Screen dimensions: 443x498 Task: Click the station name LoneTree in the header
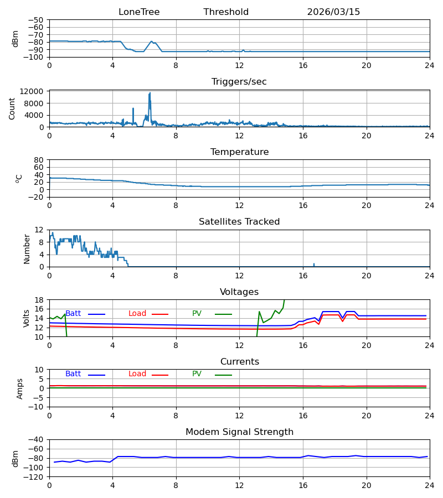coord(139,12)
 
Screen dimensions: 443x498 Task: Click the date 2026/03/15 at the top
coord(333,12)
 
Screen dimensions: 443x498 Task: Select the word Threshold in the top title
coord(226,12)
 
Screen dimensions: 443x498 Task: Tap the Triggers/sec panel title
coord(239,82)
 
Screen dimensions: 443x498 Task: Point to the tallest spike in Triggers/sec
coord(150,93)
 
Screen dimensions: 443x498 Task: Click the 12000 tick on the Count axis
coord(32,91)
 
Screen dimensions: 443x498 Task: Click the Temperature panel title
coord(239,152)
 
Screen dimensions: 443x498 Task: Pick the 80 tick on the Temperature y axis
coord(38,160)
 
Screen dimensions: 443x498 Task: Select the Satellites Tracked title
coord(239,222)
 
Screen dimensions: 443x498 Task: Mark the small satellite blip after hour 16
coord(314,264)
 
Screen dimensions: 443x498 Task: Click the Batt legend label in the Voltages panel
coord(73,314)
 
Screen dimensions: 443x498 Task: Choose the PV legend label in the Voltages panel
coord(197,314)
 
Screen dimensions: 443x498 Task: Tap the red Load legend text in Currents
coord(137,374)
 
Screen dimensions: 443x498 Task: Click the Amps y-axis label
coord(20,389)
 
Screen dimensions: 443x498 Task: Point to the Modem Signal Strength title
coord(239,432)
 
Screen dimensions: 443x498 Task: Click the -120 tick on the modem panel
coord(35,477)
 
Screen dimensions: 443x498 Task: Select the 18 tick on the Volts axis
coord(39,300)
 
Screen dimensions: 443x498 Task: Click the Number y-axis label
coord(27,249)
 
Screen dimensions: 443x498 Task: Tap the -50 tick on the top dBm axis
coord(35,20)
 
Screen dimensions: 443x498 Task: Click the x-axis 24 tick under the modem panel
coord(430,486)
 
